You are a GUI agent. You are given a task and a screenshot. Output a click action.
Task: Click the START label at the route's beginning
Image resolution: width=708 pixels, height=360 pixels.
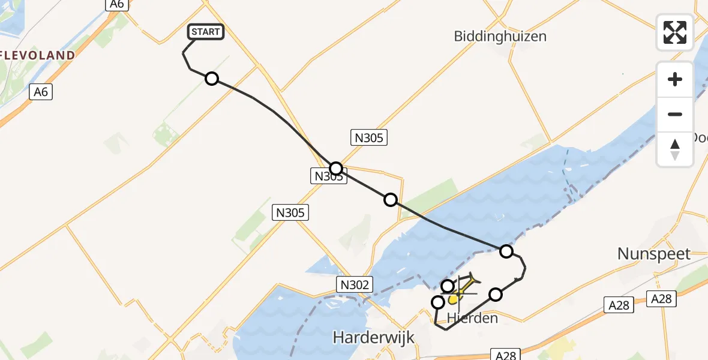click(x=206, y=32)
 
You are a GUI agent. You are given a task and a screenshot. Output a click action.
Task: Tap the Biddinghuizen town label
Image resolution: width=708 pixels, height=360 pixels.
click(x=500, y=36)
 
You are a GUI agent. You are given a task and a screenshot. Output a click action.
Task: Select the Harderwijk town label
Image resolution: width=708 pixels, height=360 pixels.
click(x=374, y=338)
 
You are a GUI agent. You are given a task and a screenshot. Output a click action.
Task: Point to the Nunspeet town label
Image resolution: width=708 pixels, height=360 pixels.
click(x=654, y=254)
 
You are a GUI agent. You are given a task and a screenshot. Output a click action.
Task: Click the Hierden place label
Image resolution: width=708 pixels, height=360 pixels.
click(x=472, y=318)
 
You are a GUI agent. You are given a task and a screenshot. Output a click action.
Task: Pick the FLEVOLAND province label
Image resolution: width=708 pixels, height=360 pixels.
click(x=37, y=56)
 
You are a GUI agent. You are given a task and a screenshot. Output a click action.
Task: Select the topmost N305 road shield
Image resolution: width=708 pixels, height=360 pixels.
click(x=368, y=138)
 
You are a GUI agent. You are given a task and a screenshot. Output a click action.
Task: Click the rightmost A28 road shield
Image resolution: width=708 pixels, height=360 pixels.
click(x=664, y=298)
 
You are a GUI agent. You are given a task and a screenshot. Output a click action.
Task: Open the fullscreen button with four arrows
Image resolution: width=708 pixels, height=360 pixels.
click(x=675, y=32)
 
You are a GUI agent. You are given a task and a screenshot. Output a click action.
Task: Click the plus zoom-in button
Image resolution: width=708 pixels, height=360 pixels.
click(x=675, y=79)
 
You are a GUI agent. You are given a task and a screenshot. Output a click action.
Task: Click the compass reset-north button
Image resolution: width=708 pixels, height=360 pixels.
click(x=675, y=149)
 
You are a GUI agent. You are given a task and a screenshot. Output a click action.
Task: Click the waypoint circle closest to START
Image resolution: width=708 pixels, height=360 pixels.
click(x=212, y=79)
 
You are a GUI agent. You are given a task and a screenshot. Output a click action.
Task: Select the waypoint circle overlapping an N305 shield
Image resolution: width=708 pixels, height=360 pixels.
click(x=336, y=169)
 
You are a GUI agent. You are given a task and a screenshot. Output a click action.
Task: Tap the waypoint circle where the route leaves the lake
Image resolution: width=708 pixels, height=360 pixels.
click(x=506, y=251)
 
